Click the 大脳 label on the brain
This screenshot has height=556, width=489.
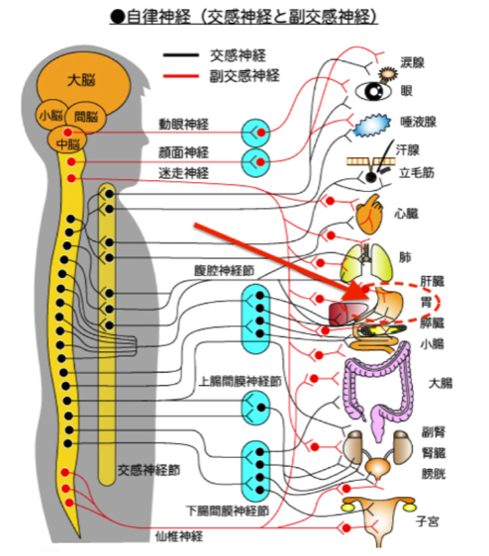[x=81, y=80]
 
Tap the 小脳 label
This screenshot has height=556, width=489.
[x=50, y=116]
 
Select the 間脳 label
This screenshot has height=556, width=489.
[x=85, y=117]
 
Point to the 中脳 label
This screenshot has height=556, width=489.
[x=68, y=144]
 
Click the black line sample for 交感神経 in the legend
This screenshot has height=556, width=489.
[x=180, y=55]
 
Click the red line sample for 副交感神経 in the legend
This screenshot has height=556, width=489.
[x=180, y=76]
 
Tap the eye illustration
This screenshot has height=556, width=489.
[x=373, y=91]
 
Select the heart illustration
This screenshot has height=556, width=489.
[x=370, y=215]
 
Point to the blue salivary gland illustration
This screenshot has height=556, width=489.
[x=371, y=126]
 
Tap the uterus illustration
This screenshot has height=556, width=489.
[x=379, y=519]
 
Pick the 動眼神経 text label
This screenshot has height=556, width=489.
[x=183, y=125]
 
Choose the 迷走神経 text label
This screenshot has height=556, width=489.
[x=183, y=173]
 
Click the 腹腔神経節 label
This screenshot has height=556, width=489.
[x=225, y=270]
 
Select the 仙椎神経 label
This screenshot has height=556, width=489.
[x=179, y=536]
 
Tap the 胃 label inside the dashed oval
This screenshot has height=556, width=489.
[x=427, y=303]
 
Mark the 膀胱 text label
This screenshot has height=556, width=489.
[x=434, y=474]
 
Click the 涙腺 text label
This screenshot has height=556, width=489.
[x=413, y=62]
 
